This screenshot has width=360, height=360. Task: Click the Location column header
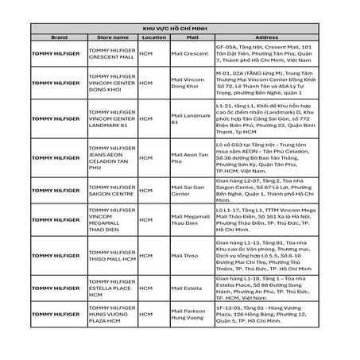[153, 37]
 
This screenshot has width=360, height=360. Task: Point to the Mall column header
[191, 37]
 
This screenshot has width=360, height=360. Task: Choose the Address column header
[266, 37]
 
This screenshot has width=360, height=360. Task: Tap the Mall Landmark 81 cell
[191, 119]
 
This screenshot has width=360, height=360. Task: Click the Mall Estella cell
[187, 290]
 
